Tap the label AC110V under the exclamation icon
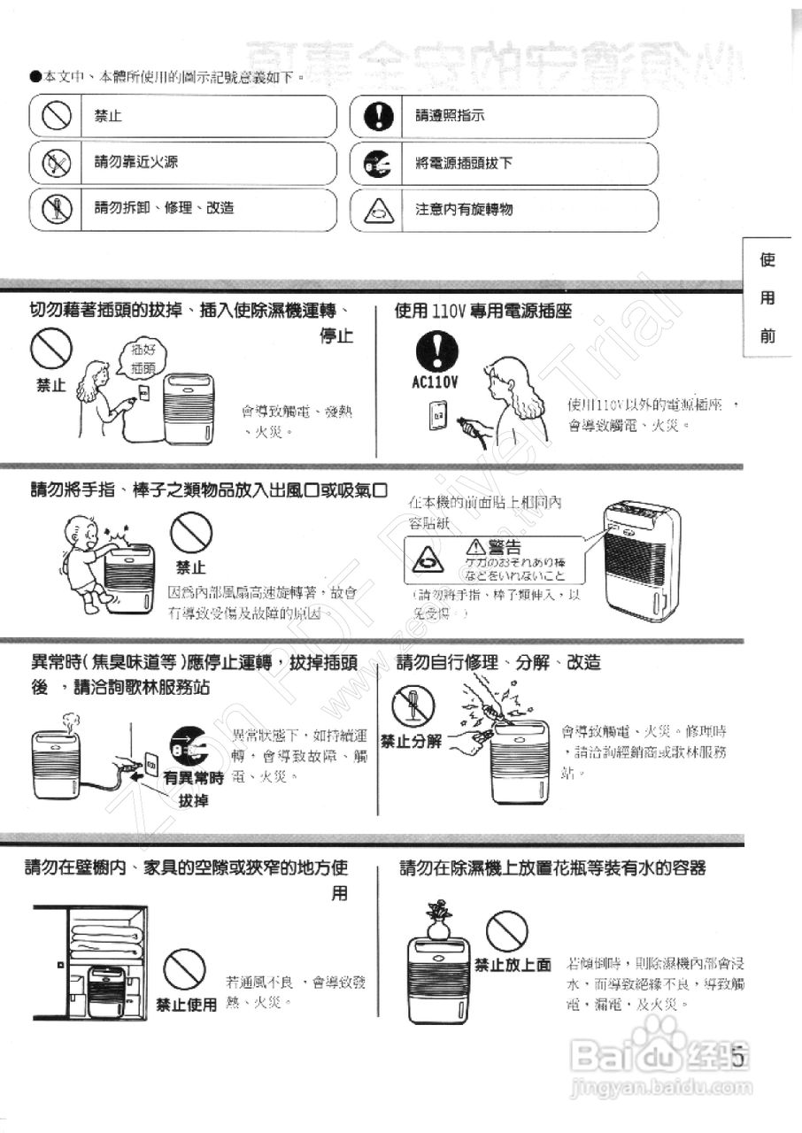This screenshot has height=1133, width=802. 436,383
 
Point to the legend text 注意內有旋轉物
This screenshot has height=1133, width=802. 464,210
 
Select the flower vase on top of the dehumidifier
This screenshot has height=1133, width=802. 438,919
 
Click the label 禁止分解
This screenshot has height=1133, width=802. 411,741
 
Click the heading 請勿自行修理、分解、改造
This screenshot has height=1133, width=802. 498,662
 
